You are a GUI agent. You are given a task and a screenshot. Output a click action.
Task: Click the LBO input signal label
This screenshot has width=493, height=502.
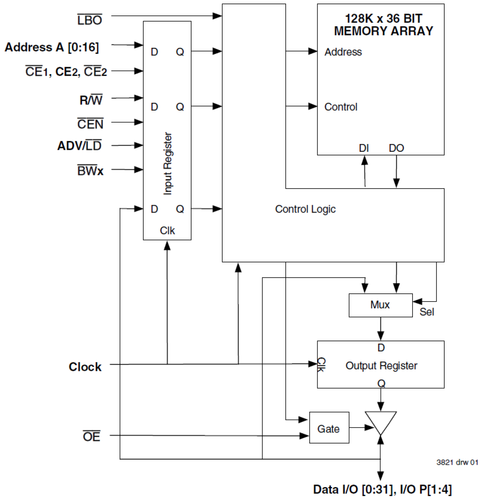coord(90,20)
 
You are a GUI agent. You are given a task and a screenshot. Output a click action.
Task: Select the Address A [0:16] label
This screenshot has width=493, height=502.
coord(52,47)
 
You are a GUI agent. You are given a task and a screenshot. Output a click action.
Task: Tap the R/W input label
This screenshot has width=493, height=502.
coord(91,100)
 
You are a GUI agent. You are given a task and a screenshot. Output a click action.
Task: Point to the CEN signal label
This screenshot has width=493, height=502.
coord(90,124)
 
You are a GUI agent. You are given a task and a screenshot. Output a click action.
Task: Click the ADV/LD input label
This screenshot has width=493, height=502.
coord(79,146)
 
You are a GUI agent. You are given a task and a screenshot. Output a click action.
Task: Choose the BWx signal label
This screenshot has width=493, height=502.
coord(90,171)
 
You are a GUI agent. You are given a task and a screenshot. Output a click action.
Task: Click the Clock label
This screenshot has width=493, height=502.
coord(85,367)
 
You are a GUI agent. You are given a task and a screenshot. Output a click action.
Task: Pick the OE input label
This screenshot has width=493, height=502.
coord(91,436)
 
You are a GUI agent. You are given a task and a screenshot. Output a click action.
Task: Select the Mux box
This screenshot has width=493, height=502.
coord(380,305)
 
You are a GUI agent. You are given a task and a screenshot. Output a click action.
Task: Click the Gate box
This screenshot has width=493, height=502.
coord(329,428)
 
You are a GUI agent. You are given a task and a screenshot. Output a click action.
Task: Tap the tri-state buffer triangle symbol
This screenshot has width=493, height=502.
coord(380,422)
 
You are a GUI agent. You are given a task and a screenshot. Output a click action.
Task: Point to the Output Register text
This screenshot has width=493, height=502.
coord(381,366)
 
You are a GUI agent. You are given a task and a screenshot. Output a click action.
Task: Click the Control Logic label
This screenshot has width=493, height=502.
coord(305,209)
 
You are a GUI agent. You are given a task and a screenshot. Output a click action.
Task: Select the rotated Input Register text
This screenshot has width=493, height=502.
coord(168,163)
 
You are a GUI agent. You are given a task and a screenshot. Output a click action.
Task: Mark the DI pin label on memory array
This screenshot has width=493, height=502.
coord(364,148)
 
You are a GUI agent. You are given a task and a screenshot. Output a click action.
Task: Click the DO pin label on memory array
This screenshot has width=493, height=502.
coord(396,148)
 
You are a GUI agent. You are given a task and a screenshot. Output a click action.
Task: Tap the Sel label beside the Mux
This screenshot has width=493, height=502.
coord(427,312)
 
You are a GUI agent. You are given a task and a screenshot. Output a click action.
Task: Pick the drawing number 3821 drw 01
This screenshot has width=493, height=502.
coord(457,462)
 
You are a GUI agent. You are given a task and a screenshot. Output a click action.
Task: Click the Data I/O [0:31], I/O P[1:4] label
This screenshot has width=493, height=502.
coord(382,489)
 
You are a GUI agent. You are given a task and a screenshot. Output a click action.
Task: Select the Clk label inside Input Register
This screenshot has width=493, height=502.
coord(167,231)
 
